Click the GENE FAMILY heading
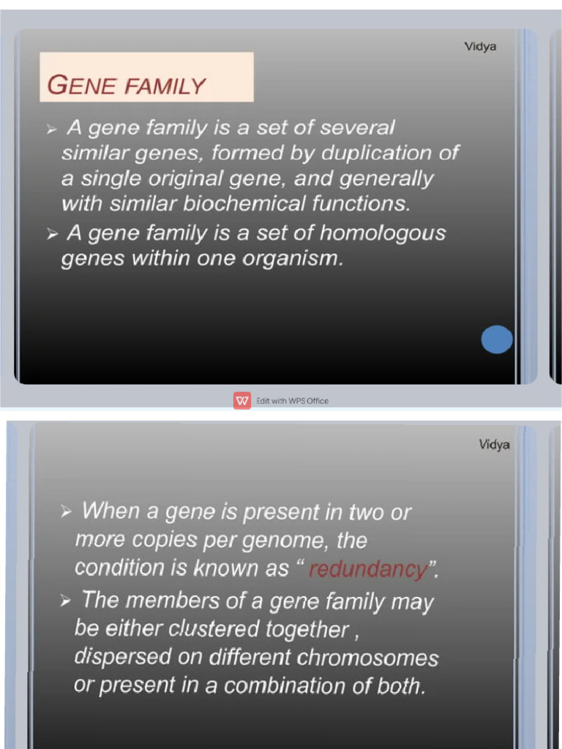point(126,86)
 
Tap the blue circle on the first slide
point(497,339)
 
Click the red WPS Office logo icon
point(242,401)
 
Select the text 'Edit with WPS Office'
point(292,401)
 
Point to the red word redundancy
point(367,569)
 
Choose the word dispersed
point(110,657)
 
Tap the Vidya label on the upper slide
point(480,47)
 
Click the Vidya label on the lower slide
point(494,444)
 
